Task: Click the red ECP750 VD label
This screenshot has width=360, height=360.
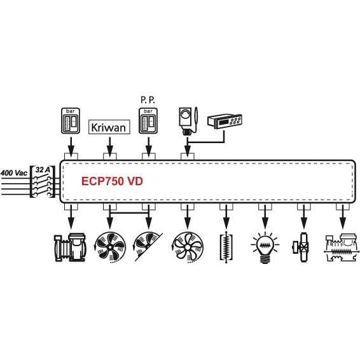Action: point(112,181)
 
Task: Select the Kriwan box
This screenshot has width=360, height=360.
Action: point(109,127)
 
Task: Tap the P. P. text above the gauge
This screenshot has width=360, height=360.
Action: point(148,100)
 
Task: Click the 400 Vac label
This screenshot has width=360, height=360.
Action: point(14,173)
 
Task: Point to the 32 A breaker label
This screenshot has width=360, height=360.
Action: point(43,170)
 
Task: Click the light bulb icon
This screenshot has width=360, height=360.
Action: point(265,247)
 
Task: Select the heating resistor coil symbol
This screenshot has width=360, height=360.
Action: point(226,247)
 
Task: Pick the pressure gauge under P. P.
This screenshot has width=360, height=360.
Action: point(148,121)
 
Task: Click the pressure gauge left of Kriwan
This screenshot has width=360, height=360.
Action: point(71,121)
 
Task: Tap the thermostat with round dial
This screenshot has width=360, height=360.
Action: point(188,121)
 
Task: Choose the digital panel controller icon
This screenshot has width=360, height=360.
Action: point(225,121)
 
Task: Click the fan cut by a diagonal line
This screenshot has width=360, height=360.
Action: point(148,247)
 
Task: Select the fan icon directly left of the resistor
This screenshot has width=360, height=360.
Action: point(188,247)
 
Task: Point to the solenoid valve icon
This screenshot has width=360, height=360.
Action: point(301,247)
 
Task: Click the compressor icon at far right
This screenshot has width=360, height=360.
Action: point(342,247)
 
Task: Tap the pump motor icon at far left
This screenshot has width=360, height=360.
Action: point(70,247)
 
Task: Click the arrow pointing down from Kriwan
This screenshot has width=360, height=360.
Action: point(110,147)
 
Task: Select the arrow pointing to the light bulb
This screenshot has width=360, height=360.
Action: point(265,217)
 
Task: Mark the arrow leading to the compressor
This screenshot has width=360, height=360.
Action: point(343,217)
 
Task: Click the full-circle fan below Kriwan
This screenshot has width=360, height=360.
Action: point(110,247)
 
